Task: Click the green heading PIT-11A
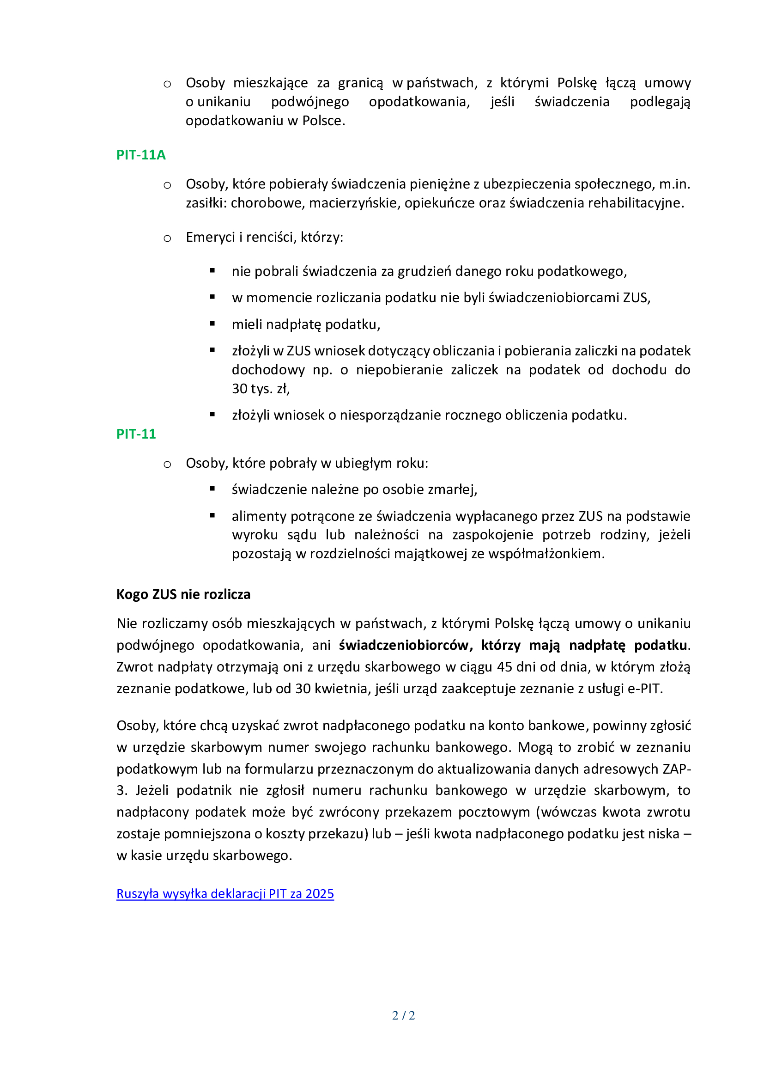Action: click(x=141, y=155)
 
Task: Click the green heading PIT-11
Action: click(x=136, y=434)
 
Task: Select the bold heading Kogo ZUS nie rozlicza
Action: click(x=183, y=594)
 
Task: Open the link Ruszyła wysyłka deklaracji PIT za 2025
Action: click(x=225, y=894)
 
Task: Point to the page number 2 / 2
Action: click(x=403, y=1015)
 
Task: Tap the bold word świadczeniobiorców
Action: click(x=406, y=645)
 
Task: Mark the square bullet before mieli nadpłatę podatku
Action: click(x=212, y=324)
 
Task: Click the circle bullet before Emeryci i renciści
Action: click(x=167, y=238)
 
